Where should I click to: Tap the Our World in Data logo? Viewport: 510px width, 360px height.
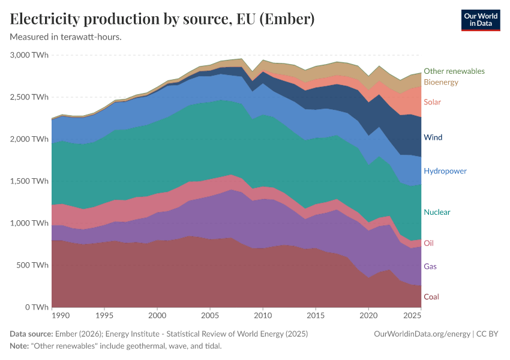[480, 20]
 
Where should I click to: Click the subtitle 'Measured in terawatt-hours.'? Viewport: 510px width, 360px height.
[66, 37]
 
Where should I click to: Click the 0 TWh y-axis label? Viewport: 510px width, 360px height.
[34, 307]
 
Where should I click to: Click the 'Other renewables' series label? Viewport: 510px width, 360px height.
[454, 71]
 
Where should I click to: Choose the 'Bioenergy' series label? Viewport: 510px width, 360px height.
[441, 82]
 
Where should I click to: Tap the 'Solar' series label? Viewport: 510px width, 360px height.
[432, 102]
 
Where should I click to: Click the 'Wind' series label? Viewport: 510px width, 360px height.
[433, 137]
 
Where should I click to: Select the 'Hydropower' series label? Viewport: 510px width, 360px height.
[445, 171]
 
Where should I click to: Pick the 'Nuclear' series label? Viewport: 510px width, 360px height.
[437, 212]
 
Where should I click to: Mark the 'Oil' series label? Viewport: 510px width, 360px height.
[428, 244]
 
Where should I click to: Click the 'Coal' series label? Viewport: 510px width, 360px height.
[431, 297]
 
